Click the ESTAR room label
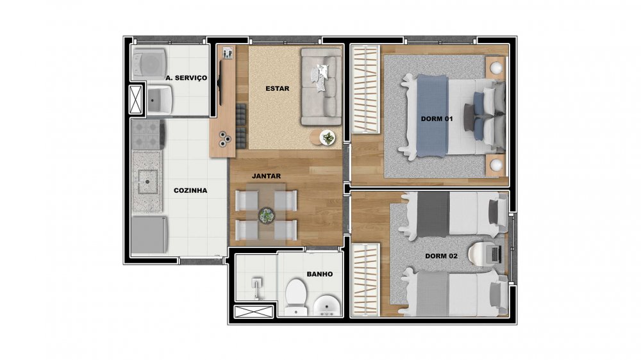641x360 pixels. [x=277, y=88]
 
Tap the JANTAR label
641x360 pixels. [x=266, y=176]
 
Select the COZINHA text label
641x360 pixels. [x=190, y=190]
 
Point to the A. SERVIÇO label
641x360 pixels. [x=187, y=78]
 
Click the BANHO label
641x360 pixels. [x=320, y=274]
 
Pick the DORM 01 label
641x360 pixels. [x=437, y=119]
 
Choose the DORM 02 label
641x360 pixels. [x=441, y=256]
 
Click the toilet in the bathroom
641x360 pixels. [x=296, y=296]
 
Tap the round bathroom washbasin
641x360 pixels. [x=327, y=306]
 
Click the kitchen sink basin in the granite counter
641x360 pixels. [x=147, y=181]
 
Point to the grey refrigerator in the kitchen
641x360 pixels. [x=149, y=234]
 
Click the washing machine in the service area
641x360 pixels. [x=149, y=65]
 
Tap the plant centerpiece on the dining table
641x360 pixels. [x=266, y=215]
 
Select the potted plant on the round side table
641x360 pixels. [x=328, y=138]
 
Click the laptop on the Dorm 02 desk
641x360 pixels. [x=495, y=254]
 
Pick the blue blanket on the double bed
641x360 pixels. [x=432, y=116]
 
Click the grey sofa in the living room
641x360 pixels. [x=321, y=86]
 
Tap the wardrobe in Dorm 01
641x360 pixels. [x=365, y=89]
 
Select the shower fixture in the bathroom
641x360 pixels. [x=256, y=288]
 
